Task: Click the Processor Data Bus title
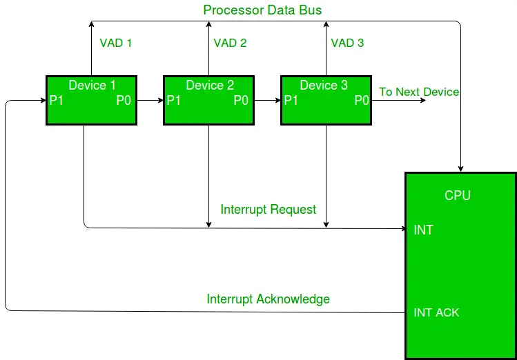(262, 10)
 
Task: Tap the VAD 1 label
(115, 43)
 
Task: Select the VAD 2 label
(230, 43)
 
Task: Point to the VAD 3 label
(347, 43)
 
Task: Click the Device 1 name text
(92, 86)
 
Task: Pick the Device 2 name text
(210, 86)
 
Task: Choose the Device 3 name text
(324, 86)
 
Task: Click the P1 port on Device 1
(57, 101)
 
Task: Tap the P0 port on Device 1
(124, 101)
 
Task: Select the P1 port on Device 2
(174, 101)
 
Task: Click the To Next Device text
(419, 92)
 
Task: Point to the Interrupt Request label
(268, 209)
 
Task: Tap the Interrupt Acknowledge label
(268, 299)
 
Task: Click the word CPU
(457, 196)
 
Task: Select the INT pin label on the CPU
(423, 230)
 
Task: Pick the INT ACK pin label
(436, 312)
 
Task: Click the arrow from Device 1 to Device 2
(149, 101)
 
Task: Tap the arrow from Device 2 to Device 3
(266, 101)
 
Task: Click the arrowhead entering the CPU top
(460, 168)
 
